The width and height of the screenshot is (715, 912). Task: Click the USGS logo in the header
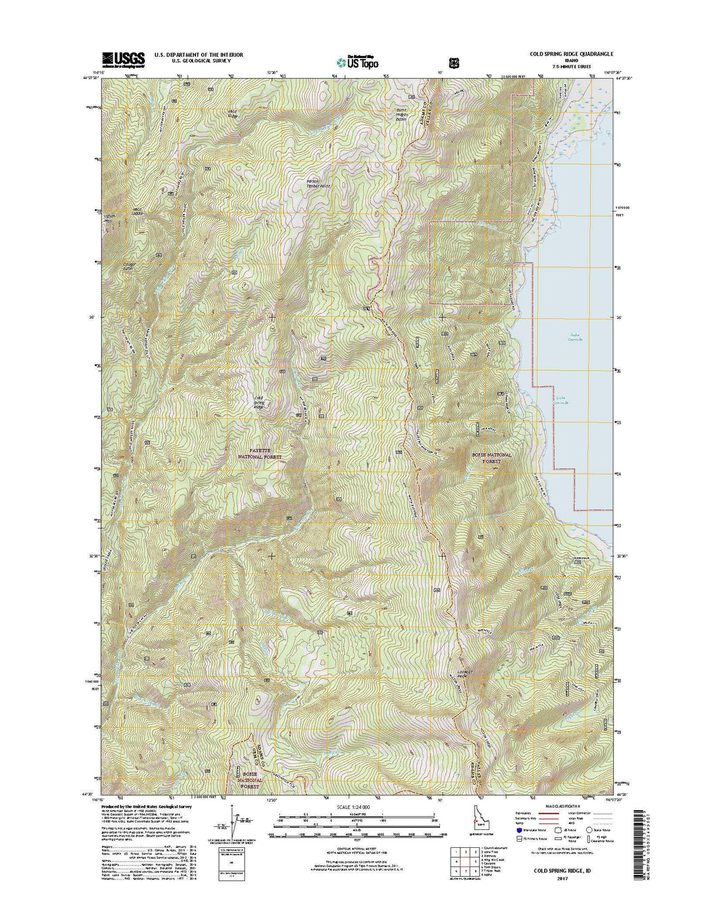point(123,59)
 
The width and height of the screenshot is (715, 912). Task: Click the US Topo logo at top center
point(357,62)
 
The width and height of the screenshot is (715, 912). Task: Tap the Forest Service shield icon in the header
point(455,62)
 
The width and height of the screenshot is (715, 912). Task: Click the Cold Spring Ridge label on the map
point(259,402)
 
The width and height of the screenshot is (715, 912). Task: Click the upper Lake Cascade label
point(573,337)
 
